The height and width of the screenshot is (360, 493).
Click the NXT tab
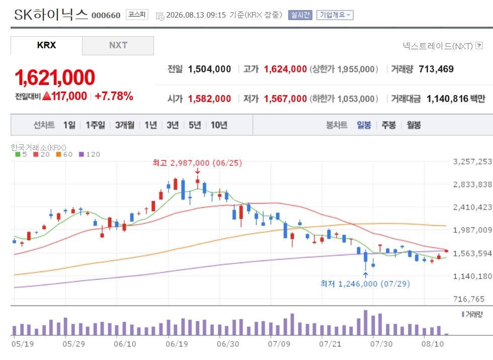pos(118,46)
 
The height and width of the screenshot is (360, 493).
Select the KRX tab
pos(46,46)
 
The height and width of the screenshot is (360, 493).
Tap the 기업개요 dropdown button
pos(335,15)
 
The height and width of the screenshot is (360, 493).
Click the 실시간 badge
pos(300,15)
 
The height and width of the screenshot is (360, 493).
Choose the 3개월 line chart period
pos(125,125)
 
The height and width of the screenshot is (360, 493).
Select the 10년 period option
pos(219,125)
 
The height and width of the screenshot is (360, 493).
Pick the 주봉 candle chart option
pos(388,125)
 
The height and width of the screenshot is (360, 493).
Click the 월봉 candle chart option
pos(414,125)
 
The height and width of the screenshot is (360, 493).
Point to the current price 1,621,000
pos(55,77)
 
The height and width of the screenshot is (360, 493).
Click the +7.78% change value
pos(114,96)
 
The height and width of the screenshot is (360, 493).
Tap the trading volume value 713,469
pos(436,69)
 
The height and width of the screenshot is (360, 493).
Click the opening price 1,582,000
pos(209,99)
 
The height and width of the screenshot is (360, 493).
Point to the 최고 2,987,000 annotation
pos(197,163)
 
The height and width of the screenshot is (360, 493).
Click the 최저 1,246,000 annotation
pos(365,284)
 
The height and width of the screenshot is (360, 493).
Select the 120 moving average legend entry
pos(90,154)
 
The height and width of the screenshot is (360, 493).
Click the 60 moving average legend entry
pos(64,154)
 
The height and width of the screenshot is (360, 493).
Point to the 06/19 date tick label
pos(177,344)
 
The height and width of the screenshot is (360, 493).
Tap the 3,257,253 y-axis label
pos(472,161)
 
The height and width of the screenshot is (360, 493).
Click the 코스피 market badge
pos(137,15)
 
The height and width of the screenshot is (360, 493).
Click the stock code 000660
pos(106,16)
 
